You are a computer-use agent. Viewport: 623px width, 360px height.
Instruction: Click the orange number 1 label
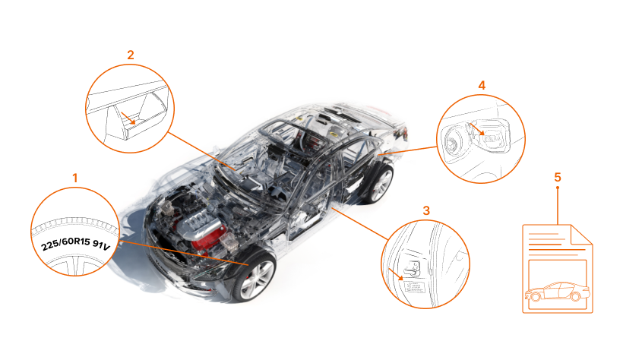click(74, 178)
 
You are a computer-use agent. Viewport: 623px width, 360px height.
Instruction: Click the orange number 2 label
click(131, 55)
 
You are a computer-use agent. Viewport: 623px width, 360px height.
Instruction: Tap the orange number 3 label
click(426, 210)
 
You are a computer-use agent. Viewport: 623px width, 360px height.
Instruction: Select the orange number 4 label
click(482, 85)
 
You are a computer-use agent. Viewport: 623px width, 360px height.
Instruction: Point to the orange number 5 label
click(558, 177)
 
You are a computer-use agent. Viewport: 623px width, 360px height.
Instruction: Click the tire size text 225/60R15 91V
click(75, 243)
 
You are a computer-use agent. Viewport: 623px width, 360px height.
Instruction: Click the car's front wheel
click(255, 277)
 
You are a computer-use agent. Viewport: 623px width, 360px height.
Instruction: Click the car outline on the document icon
click(558, 292)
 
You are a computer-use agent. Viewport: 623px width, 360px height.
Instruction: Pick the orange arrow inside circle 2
click(128, 118)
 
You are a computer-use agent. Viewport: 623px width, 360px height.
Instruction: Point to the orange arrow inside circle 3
click(396, 274)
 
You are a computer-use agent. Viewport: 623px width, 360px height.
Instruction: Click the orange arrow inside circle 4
click(477, 130)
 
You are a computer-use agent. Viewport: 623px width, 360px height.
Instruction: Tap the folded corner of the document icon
click(582, 235)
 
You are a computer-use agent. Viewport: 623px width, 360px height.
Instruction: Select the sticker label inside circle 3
click(414, 287)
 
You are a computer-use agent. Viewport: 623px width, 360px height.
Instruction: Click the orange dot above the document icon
click(558, 188)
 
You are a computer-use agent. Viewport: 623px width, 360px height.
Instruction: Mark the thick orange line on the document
click(557, 250)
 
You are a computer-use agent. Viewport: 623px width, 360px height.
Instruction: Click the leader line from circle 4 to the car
click(408, 150)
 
